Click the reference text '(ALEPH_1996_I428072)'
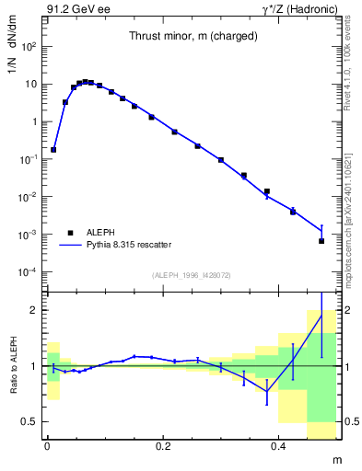point(191,275)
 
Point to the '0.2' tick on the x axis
point(165,444)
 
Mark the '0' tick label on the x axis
point(47,444)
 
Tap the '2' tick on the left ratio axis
point(33,310)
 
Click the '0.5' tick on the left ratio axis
point(29,421)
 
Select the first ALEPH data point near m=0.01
point(53,149)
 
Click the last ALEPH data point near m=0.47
point(321,241)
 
